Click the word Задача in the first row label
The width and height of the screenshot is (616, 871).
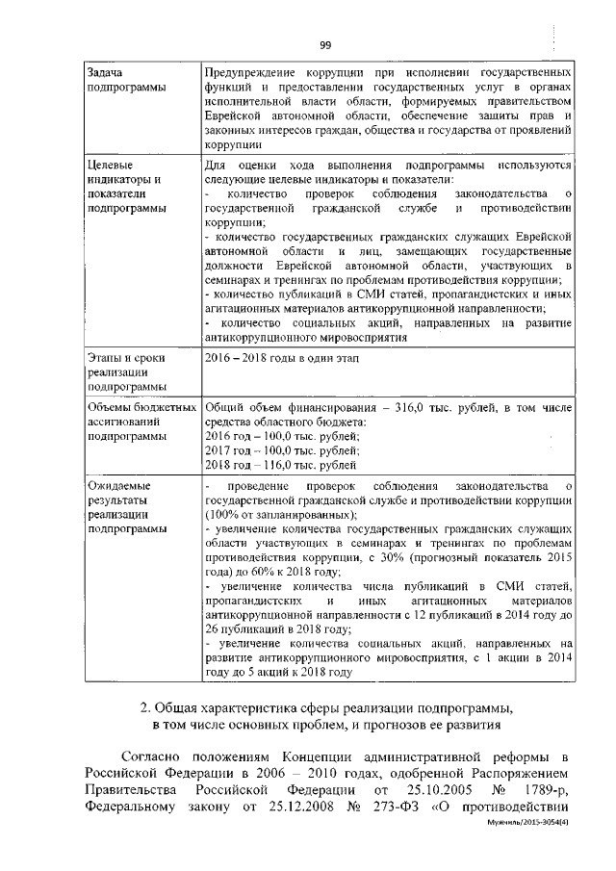108,73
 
